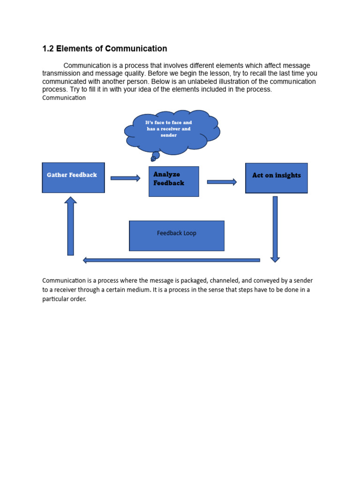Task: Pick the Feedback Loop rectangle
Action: [177, 236]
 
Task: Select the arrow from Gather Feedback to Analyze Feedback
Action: [125, 178]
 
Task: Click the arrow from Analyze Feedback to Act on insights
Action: [222, 182]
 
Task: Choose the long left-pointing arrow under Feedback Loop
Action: [171, 260]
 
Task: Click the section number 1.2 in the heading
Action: [48, 49]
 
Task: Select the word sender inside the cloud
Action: [169, 135]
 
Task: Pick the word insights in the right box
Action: [288, 175]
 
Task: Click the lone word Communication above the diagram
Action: [64, 98]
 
